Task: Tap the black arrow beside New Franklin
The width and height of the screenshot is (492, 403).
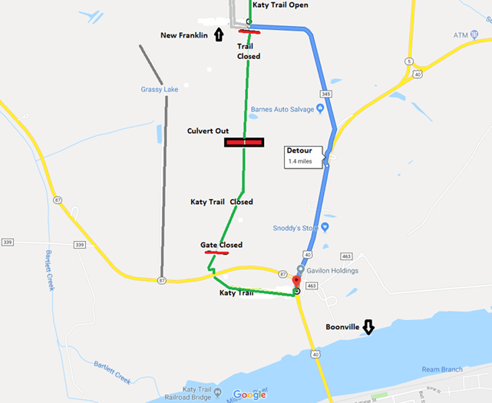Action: (x=219, y=35)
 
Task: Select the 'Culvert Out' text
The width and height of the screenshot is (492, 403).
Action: (x=208, y=131)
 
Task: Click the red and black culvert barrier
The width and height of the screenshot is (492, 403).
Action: (x=244, y=142)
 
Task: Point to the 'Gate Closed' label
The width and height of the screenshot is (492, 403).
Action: (x=221, y=245)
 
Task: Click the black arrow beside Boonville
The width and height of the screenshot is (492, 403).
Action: (x=368, y=328)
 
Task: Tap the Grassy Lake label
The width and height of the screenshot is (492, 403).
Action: (x=160, y=90)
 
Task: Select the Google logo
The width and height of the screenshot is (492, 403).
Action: (x=249, y=395)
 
